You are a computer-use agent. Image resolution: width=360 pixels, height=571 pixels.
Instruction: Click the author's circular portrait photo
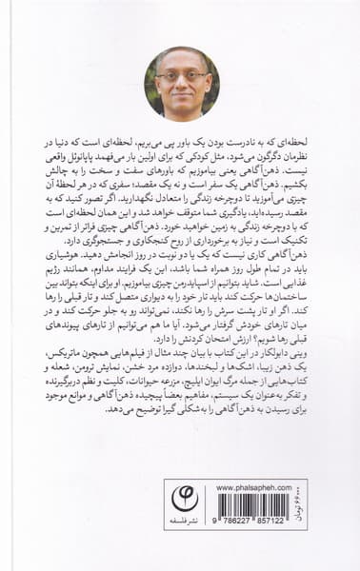pos(180,84)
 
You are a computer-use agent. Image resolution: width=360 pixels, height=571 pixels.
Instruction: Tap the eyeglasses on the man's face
pos(180,76)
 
